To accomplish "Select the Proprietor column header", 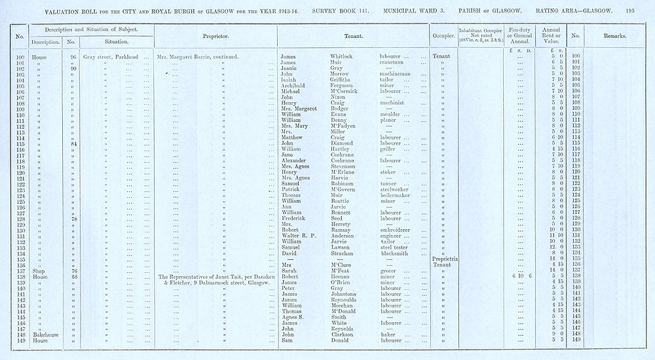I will pyautogui.click(x=215, y=36).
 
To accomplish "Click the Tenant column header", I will pyautogui.click(x=352, y=36).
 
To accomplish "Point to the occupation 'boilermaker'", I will pyautogui.click(x=397, y=195).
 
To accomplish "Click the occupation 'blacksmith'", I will pyautogui.click(x=396, y=253).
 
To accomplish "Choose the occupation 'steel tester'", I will pyautogui.click(x=396, y=247).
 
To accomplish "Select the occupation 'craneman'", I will pyautogui.click(x=395, y=62).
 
